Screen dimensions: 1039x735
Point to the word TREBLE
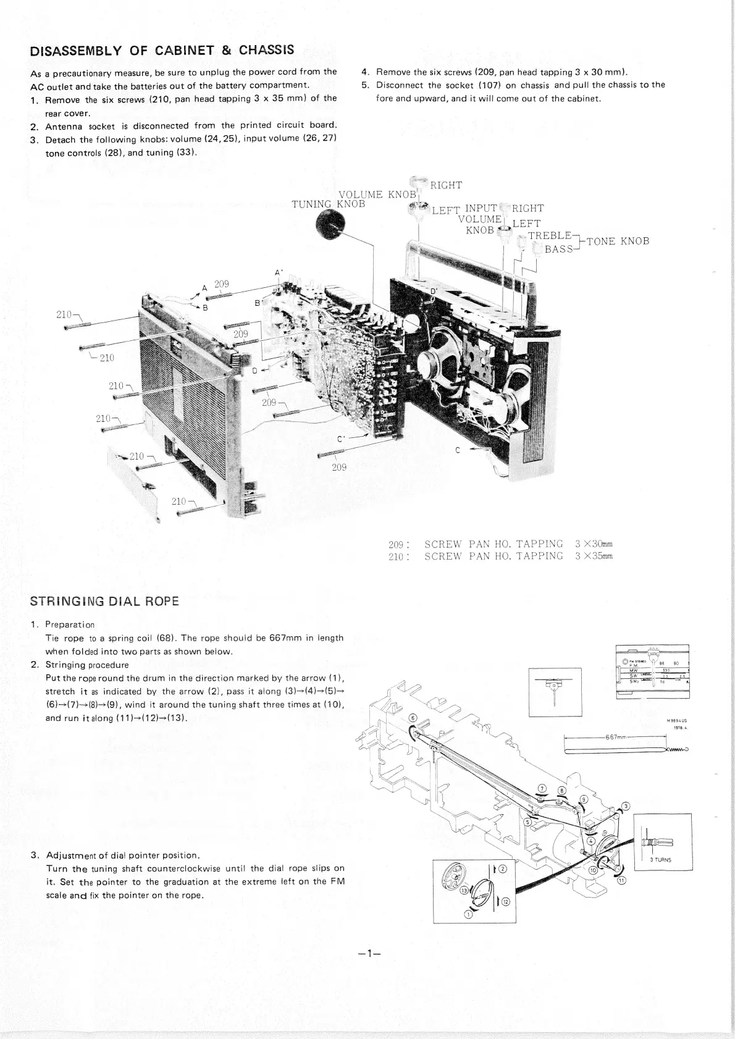tap(550, 235)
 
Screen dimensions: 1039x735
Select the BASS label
tap(559, 250)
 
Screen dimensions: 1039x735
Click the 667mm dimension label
tap(616, 737)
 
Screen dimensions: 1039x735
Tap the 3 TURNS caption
tap(660, 859)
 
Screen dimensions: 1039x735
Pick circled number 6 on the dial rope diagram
tap(413, 718)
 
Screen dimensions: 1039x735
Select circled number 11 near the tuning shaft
tap(621, 880)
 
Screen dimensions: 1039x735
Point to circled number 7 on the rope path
tap(542, 788)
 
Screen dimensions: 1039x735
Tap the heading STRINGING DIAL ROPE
tap(105, 601)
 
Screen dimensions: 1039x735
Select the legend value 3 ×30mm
tap(594, 544)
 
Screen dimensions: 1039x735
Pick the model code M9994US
tap(677, 720)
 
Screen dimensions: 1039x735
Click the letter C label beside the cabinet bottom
tap(457, 450)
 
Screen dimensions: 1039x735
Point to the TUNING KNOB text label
tap(328, 204)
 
